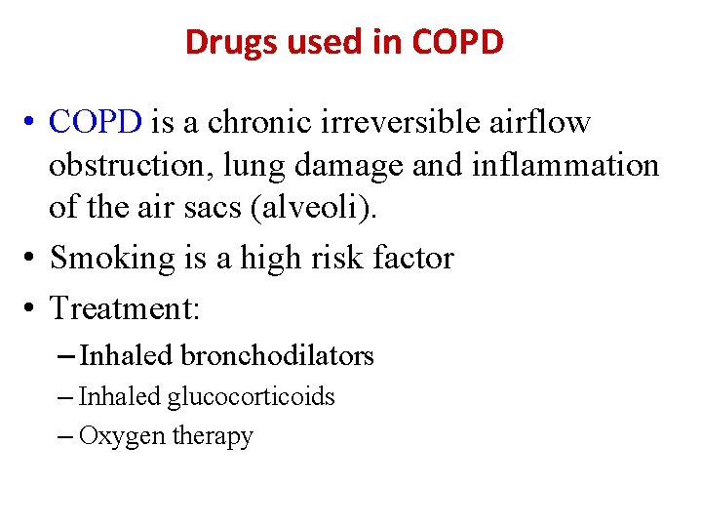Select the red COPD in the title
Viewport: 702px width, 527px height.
[x=457, y=42]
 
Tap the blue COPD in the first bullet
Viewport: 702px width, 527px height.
[x=96, y=122]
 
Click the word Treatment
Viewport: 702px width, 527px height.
[x=124, y=308]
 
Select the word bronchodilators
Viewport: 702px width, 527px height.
[x=277, y=356]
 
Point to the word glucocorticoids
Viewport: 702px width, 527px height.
[x=251, y=396]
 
